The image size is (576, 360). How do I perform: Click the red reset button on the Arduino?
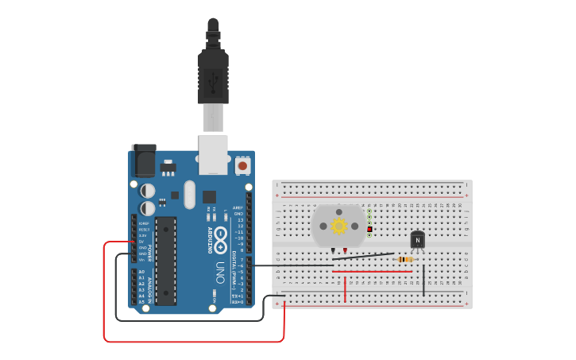click(x=242, y=166)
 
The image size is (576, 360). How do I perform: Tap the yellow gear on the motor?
click(x=339, y=226)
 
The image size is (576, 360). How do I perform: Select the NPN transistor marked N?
click(x=417, y=239)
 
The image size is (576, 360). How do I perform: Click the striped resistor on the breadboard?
click(x=405, y=259)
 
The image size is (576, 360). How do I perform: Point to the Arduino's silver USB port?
click(x=213, y=156)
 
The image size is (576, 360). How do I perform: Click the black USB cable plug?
click(x=213, y=75)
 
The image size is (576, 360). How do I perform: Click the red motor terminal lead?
click(x=345, y=250)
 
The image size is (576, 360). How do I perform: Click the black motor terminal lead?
click(x=333, y=250)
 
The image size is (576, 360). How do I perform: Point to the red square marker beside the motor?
click(x=369, y=229)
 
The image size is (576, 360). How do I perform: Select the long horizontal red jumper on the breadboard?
click(x=372, y=271)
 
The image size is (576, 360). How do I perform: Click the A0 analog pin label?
click(x=141, y=272)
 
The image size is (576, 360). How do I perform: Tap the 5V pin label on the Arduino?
click(x=141, y=241)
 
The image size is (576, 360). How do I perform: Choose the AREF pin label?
click(x=238, y=207)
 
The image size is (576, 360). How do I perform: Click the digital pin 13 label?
click(x=240, y=220)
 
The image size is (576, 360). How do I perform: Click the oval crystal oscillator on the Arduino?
click(x=189, y=195)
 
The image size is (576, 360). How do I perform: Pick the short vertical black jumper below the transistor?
click(x=423, y=280)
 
